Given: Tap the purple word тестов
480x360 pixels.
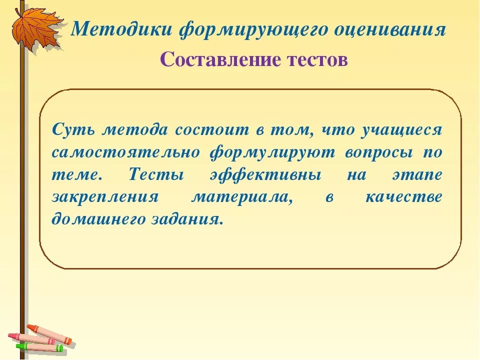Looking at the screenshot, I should click(x=317, y=60).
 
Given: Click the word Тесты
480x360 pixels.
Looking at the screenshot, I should click(x=156, y=174).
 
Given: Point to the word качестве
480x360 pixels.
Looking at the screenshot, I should click(x=403, y=197).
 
